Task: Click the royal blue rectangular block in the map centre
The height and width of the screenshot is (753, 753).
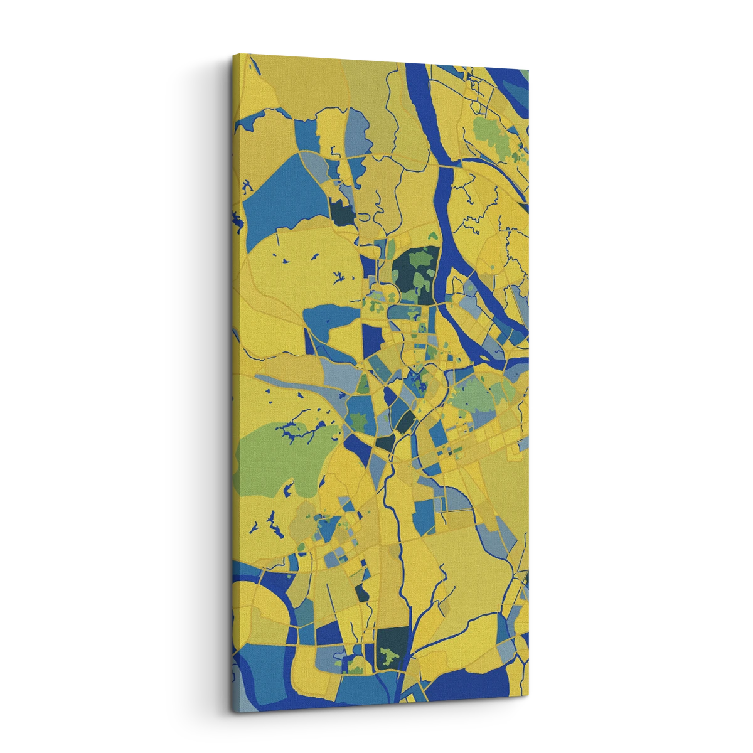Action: (373, 339)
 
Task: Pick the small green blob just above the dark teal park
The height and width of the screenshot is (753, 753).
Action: (432, 237)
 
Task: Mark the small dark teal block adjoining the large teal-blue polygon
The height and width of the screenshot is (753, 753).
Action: (342, 213)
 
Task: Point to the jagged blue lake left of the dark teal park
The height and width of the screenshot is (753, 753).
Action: (339, 276)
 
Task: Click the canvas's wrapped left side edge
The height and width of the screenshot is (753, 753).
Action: (233, 376)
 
